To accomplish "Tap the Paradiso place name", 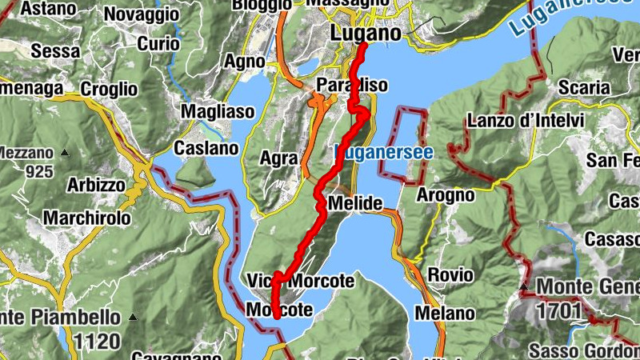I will tap(352, 85).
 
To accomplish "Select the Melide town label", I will tap(355, 203).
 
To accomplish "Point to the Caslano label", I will tap(206, 148).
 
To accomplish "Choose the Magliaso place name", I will tap(218, 111).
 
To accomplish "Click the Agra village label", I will tap(279, 158).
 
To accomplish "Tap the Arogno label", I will tap(446, 195).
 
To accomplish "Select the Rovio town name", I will tap(450, 275).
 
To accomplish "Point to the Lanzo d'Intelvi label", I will tap(526, 121).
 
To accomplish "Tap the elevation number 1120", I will tap(96, 342).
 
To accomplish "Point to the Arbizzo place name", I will tap(95, 185).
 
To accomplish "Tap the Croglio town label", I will tap(110, 89).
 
